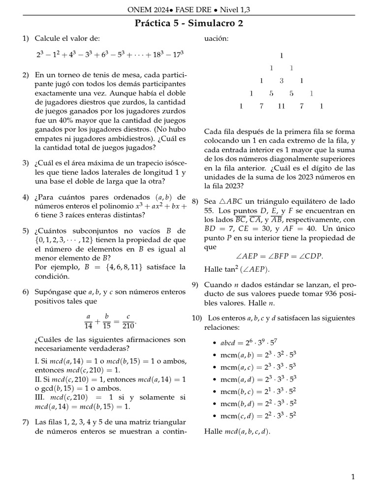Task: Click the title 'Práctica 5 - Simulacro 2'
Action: tap(189, 23)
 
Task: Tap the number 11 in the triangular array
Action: tap(281, 106)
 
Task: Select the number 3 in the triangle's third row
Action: tap(281, 81)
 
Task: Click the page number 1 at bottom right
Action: tap(353, 476)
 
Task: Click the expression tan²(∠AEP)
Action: tap(237, 269)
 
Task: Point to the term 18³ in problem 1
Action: tap(154, 55)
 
